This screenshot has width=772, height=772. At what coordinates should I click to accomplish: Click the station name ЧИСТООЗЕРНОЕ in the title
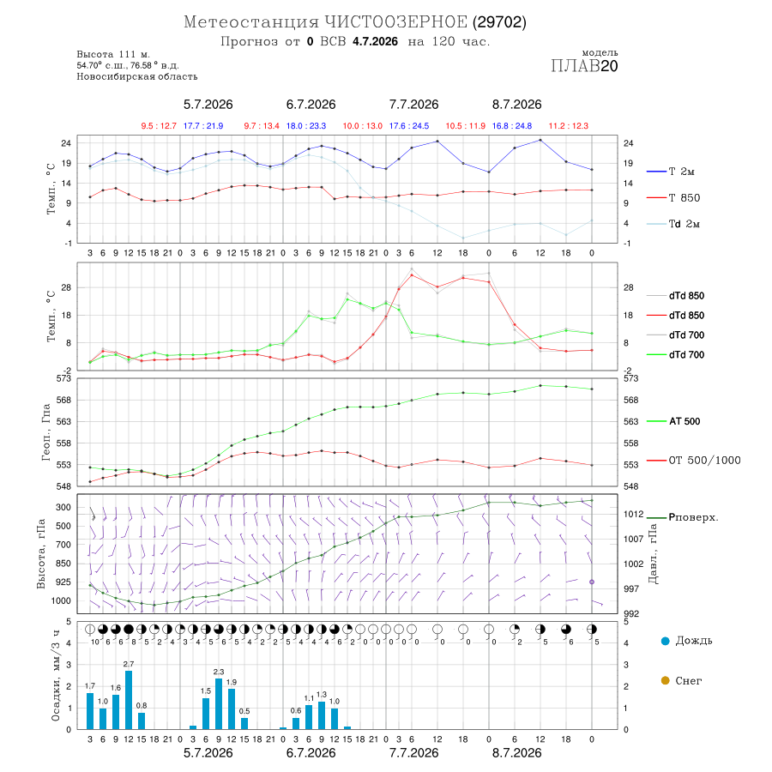point(395,22)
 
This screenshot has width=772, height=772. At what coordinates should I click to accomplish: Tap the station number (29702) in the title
point(499,22)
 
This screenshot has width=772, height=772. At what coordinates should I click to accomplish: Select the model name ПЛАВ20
point(584,66)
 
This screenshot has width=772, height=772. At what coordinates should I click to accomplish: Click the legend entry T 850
point(684,198)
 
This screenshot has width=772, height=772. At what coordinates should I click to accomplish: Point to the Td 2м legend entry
point(684,224)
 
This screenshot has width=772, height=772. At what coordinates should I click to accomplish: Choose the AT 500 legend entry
point(685,421)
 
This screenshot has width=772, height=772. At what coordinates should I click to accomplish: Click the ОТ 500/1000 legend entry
point(704,461)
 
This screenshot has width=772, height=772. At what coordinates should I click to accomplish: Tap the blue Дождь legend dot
point(665,641)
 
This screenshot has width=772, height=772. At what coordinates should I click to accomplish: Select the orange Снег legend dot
point(665,680)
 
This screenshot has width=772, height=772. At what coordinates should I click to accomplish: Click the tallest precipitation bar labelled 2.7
point(129,700)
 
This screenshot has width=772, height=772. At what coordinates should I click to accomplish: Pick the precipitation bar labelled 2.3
point(219,704)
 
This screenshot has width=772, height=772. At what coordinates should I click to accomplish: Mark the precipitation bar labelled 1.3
point(322,715)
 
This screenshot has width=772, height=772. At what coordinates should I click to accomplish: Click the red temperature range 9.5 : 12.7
point(159,126)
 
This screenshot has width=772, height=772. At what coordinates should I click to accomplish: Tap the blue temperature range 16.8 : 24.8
point(512,126)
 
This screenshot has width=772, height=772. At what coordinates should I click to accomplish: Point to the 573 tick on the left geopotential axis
point(64,378)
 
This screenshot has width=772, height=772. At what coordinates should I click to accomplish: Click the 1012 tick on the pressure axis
point(634,514)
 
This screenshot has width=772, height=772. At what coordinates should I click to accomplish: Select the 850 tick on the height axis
point(63,564)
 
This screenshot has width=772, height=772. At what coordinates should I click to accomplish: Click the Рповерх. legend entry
point(693,517)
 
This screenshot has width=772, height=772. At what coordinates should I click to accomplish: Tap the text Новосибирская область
point(137,76)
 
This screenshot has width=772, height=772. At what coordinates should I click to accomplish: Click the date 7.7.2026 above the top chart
point(413,105)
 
